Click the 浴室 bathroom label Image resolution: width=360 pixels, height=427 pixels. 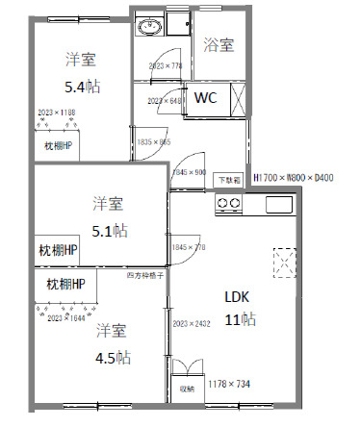[219, 44]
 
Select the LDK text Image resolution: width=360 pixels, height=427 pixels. [237, 296]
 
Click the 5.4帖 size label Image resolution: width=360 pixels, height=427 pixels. [81, 87]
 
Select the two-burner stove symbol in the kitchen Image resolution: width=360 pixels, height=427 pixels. [228, 204]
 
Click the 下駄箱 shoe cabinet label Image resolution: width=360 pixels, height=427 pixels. [228, 180]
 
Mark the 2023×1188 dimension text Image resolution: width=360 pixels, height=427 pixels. [56, 113]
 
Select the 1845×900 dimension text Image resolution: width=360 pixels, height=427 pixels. [190, 173]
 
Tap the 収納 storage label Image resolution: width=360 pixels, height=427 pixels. [186, 389]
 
